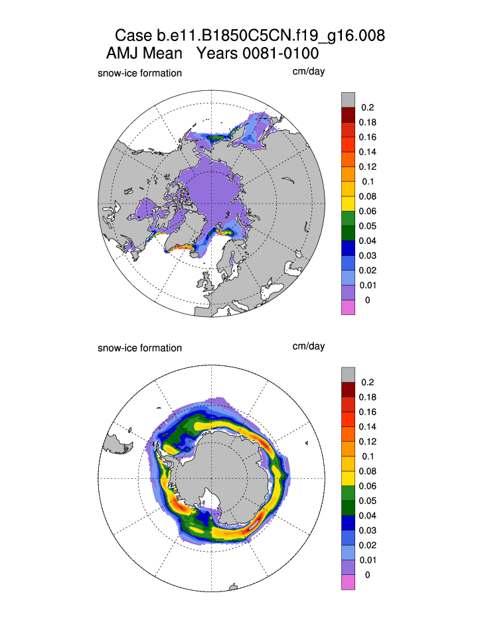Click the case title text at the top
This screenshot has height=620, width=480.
[250, 35]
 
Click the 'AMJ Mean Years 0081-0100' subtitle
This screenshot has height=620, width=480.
[212, 53]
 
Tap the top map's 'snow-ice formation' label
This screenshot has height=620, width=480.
[139, 73]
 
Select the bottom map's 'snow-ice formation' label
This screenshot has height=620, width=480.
[139, 347]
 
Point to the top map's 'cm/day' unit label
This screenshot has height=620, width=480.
[308, 72]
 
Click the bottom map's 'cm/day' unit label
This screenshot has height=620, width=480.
[308, 346]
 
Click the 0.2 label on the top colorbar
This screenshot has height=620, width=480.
[366, 107]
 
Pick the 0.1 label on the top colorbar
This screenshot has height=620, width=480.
[366, 182]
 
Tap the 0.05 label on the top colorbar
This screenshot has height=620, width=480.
[366, 226]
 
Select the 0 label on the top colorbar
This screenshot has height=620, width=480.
[366, 300]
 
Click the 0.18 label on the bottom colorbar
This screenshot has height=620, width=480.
[366, 397]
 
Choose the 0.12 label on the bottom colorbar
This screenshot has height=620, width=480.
[366, 442]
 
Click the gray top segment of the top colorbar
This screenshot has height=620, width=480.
[348, 99]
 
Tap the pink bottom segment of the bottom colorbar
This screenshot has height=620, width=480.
[348, 582]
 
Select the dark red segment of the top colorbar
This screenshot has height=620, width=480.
[348, 115]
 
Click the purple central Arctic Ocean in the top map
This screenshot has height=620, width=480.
[212, 186]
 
